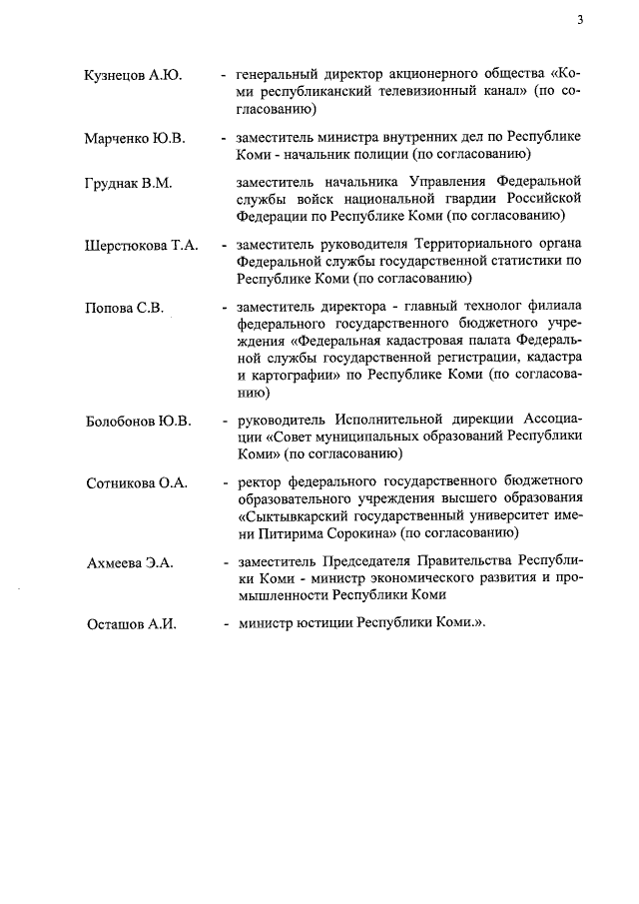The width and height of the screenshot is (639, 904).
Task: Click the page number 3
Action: tap(579, 19)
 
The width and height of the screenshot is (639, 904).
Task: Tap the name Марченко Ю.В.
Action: tap(135, 138)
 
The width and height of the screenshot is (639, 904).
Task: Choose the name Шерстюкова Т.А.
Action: tap(141, 244)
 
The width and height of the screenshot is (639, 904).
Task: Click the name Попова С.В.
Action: tap(123, 306)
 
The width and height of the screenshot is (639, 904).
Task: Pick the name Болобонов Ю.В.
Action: tap(138, 420)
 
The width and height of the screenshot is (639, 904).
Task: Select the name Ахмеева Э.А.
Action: tap(129, 562)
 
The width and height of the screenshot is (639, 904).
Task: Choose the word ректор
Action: tap(260, 481)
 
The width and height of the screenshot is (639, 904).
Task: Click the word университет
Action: tap(500, 515)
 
